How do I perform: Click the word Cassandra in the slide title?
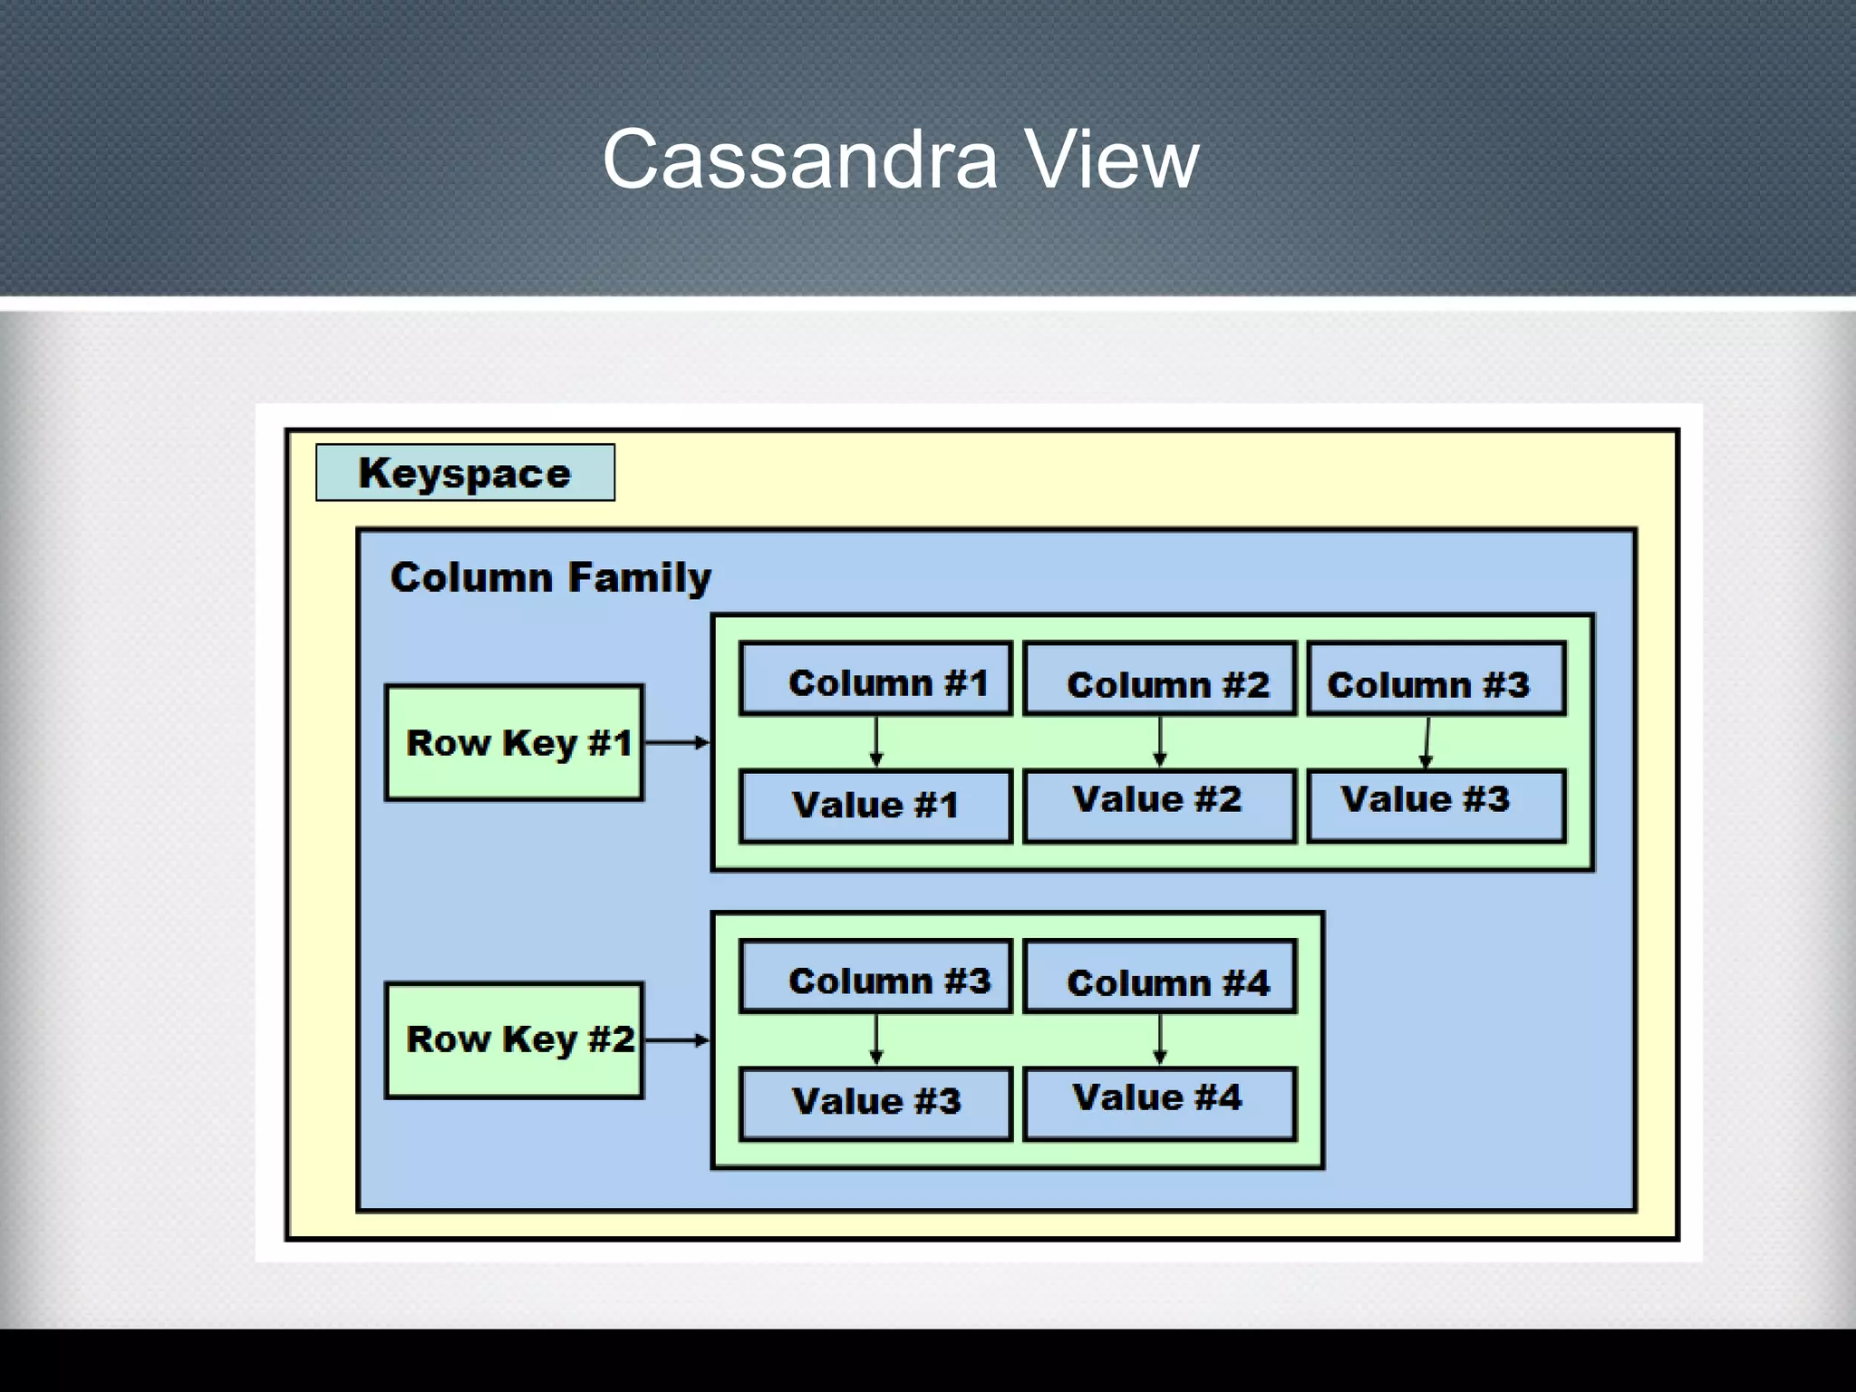pos(799,160)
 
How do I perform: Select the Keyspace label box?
pos(465,472)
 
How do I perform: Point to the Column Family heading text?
pos(550,577)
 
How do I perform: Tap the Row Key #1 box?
pos(514,742)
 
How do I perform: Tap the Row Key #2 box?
pos(514,1039)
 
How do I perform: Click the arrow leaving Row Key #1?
pos(676,742)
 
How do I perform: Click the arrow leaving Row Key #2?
pos(676,1039)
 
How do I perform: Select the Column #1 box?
pos(875,680)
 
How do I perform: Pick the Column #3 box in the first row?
pos(1436,680)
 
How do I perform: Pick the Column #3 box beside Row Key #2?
pos(875,977)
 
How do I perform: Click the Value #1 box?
pos(875,806)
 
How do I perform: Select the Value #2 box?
pos(1160,806)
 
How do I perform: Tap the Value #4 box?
pos(1160,1103)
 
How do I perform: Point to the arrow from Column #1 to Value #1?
pos(876,742)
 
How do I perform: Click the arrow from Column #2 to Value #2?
pos(1160,742)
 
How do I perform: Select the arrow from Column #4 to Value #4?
pos(1160,1039)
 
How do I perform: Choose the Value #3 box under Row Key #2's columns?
pos(875,1103)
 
